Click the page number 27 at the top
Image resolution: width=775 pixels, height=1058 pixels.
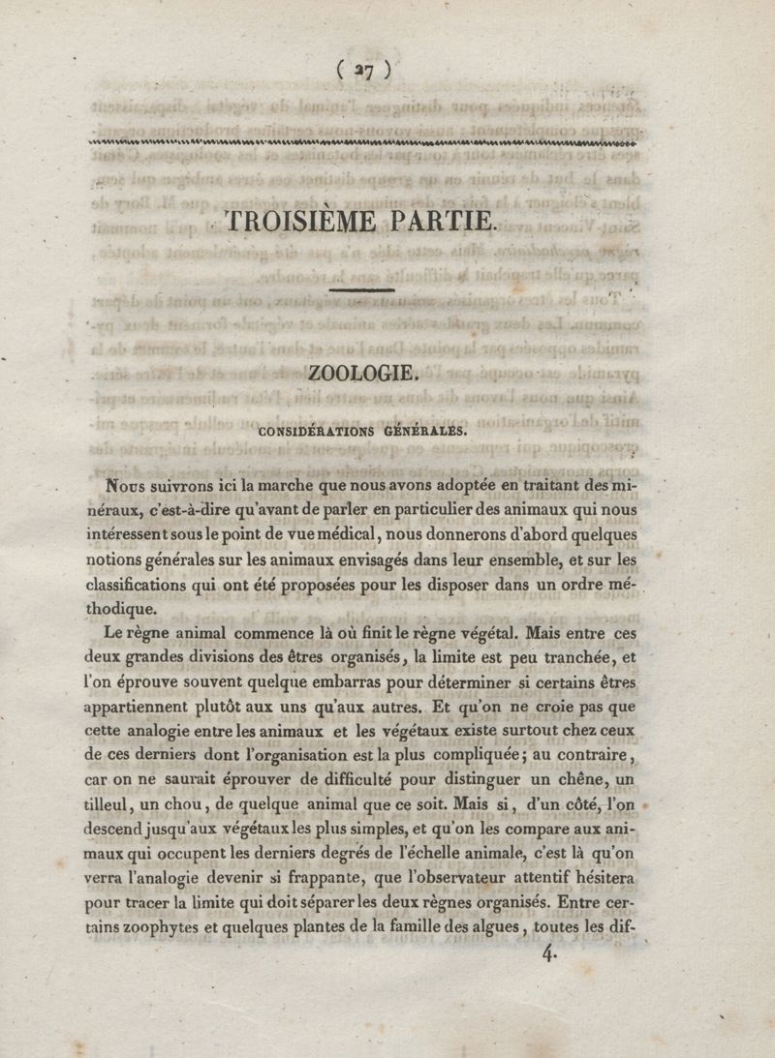click(364, 69)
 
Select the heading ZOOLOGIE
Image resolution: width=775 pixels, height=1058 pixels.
click(362, 372)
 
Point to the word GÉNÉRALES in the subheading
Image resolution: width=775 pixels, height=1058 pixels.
click(426, 432)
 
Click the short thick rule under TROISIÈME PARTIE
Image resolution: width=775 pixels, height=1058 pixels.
click(362, 288)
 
